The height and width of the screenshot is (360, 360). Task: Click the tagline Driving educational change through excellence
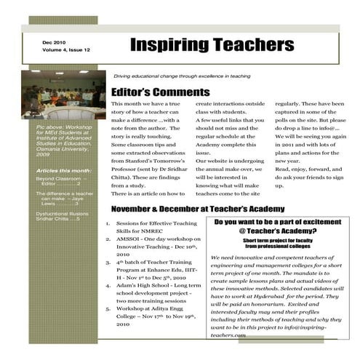[182, 76]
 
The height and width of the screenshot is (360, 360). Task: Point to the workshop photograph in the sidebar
[63, 95]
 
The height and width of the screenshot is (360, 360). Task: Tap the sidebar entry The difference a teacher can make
[64, 199]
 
